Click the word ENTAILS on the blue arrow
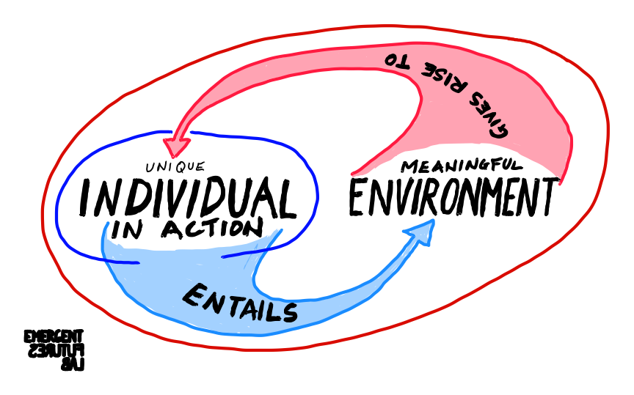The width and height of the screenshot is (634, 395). pyautogui.click(x=240, y=303)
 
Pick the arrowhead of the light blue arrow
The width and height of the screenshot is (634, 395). pyautogui.click(x=424, y=231)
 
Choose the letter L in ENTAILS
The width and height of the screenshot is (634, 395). pyautogui.click(x=274, y=311)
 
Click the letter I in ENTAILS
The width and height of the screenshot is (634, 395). pyautogui.click(x=263, y=309)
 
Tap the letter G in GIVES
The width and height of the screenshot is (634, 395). pyautogui.click(x=501, y=130)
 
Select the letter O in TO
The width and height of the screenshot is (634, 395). pyautogui.click(x=390, y=59)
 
